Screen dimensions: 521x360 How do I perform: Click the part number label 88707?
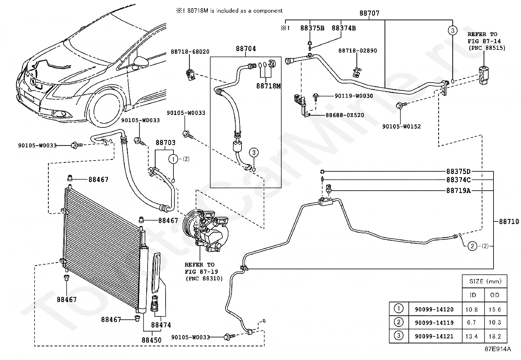click(x=369, y=13)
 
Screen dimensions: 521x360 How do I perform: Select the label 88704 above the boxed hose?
click(x=246, y=49)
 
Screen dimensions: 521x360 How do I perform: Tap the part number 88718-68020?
click(x=190, y=52)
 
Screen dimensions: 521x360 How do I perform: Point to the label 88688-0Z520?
click(x=345, y=115)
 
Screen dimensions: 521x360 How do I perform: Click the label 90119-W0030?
click(x=354, y=96)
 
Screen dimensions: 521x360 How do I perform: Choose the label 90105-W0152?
click(x=402, y=127)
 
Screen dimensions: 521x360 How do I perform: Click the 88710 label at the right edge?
click(x=509, y=221)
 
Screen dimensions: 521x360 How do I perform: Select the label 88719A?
click(x=458, y=191)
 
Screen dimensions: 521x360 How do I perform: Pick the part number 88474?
click(x=161, y=325)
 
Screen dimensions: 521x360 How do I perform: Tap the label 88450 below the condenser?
click(x=152, y=340)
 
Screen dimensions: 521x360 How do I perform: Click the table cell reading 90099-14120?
click(x=434, y=310)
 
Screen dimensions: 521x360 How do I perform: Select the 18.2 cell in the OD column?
click(x=495, y=336)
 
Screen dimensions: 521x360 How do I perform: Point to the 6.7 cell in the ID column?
click(x=472, y=323)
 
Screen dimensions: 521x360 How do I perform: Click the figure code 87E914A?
click(x=498, y=349)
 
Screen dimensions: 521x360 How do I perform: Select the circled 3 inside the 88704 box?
click(x=254, y=153)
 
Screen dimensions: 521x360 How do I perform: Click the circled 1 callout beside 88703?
click(x=173, y=159)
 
